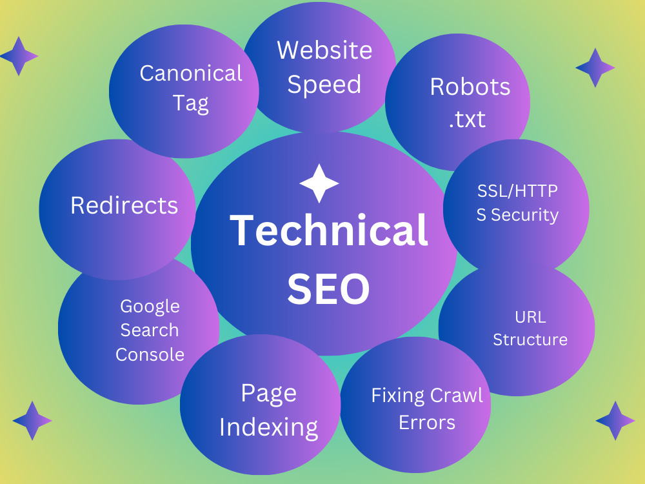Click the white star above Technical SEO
pyautogui.click(x=319, y=183)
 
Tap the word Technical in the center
pyautogui.click(x=329, y=230)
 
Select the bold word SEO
pyautogui.click(x=328, y=289)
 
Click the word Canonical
pyautogui.click(x=191, y=74)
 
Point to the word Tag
pyautogui.click(x=191, y=104)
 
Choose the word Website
pyautogui.click(x=324, y=50)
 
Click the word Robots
pyautogui.click(x=470, y=87)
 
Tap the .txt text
pyautogui.click(x=467, y=119)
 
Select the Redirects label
pyautogui.click(x=124, y=205)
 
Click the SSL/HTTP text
pyautogui.click(x=517, y=191)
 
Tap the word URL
pyautogui.click(x=531, y=318)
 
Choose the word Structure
pyautogui.click(x=530, y=340)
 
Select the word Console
pyautogui.click(x=150, y=355)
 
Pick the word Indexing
pyautogui.click(x=268, y=428)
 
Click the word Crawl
pyautogui.click(x=457, y=396)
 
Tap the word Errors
pyautogui.click(x=427, y=423)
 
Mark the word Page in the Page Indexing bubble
pyautogui.click(x=268, y=394)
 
